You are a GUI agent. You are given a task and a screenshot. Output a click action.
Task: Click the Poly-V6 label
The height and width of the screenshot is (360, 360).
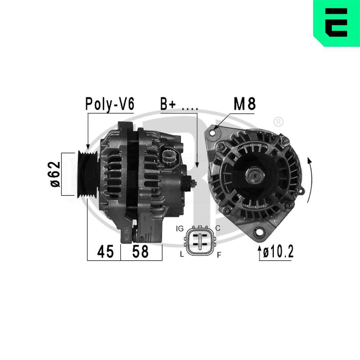pos(109,104)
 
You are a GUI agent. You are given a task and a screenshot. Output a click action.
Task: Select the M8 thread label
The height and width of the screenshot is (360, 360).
pos(244,104)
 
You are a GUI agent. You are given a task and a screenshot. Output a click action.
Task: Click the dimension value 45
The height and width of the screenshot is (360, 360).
pos(105,252)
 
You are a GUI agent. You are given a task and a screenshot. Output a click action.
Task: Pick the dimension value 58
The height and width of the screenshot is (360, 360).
pos(140,252)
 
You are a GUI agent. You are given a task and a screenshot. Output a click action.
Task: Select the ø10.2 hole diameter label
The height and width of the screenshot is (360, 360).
pos(278,252)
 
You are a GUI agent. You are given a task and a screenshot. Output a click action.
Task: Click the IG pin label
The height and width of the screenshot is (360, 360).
pos(180,229)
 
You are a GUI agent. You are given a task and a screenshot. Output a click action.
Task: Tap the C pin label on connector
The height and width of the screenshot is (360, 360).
pos(217,228)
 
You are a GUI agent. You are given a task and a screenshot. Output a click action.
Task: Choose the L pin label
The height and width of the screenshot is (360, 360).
pos(182,255)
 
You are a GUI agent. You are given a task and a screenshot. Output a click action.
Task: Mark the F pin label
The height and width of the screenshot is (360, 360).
pos(219,255)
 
